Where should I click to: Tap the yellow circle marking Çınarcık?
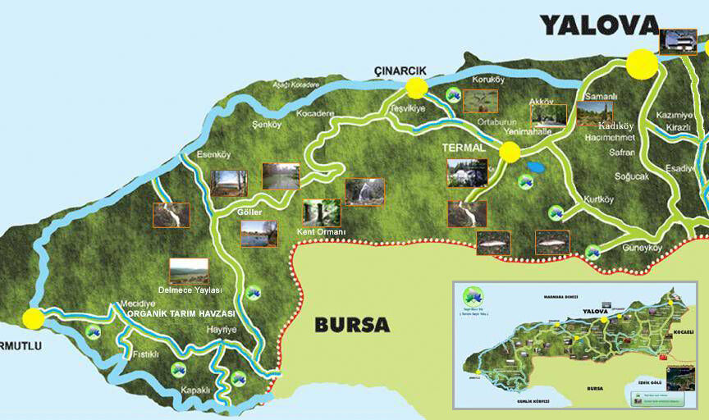[417, 88]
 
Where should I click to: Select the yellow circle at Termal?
[510, 152]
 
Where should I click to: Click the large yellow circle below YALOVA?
[642, 63]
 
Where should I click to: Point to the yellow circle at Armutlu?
[34, 318]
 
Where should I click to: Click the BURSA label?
[352, 324]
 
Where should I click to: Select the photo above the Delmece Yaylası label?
[189, 272]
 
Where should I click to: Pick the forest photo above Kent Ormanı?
[321, 212]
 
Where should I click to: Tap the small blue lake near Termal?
[536, 167]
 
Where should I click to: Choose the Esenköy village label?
[214, 154]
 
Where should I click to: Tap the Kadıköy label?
[616, 126]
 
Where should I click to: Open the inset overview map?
[574, 345]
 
